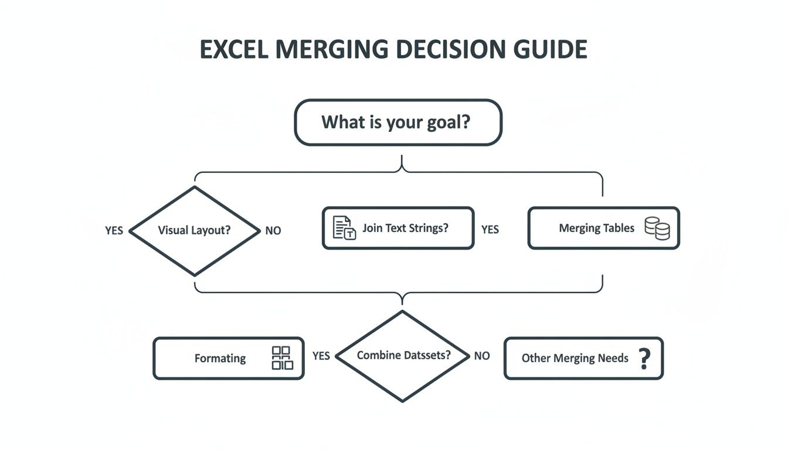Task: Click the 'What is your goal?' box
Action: tap(398, 122)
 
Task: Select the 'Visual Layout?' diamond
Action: tap(194, 230)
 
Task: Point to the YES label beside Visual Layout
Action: tap(114, 230)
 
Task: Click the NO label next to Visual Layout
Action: tap(273, 231)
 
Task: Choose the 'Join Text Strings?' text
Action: tap(405, 228)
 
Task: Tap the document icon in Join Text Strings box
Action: tap(344, 228)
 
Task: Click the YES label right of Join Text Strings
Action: tap(490, 230)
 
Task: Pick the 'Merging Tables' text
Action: tap(596, 229)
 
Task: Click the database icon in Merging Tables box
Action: tap(657, 228)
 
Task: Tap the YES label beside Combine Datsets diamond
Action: tap(321, 356)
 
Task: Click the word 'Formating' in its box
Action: tap(220, 359)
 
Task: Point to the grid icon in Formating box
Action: tap(282, 358)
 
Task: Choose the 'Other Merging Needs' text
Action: tap(575, 358)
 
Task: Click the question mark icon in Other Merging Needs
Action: tap(644, 358)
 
